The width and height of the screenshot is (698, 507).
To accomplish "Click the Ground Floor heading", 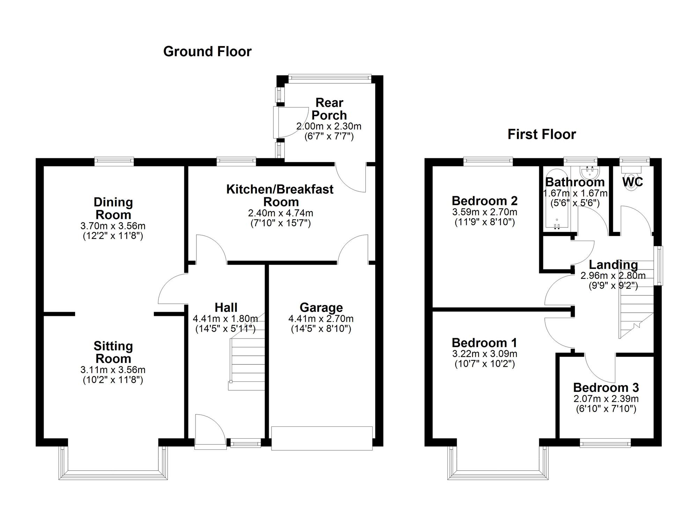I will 207,52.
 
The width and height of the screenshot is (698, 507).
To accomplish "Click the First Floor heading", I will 541,134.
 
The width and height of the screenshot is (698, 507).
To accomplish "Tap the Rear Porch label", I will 329,109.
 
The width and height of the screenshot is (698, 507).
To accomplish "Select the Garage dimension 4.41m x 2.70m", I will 321,318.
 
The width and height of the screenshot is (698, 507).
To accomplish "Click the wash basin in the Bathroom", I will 590,172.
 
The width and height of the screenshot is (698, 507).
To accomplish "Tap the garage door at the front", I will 321,438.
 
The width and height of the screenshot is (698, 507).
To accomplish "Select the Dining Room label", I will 113,208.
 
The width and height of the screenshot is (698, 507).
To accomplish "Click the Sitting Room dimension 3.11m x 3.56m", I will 113,370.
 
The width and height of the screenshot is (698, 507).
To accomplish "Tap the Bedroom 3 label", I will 606,387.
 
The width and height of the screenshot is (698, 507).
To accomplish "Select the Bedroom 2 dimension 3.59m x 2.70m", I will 484,212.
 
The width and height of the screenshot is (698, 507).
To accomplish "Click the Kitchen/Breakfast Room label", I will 280,195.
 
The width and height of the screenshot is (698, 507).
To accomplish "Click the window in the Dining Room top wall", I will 114,161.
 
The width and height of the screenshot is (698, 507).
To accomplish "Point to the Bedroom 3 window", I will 605,444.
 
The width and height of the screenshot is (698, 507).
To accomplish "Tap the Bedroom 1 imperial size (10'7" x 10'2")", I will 484,364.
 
